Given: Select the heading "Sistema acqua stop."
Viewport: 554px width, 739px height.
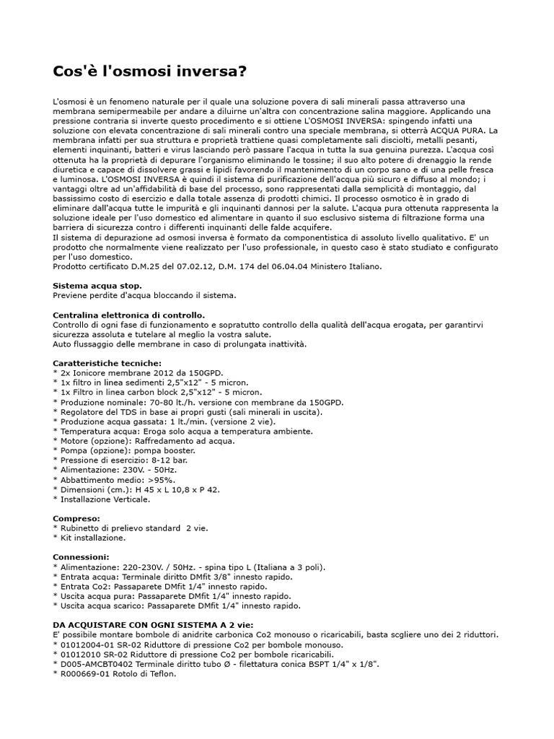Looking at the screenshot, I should [x=97, y=286].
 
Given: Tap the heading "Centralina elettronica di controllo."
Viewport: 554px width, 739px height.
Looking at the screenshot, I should [x=129, y=315].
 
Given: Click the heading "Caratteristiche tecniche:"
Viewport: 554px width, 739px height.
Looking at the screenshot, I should [x=107, y=363].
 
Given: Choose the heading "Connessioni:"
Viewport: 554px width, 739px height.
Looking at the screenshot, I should [x=82, y=557].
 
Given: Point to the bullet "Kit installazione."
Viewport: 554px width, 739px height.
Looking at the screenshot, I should [x=92, y=538].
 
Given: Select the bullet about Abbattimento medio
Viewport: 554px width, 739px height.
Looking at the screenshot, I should [x=117, y=479].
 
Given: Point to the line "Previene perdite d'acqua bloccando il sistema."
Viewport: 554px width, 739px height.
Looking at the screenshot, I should [x=144, y=296].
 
